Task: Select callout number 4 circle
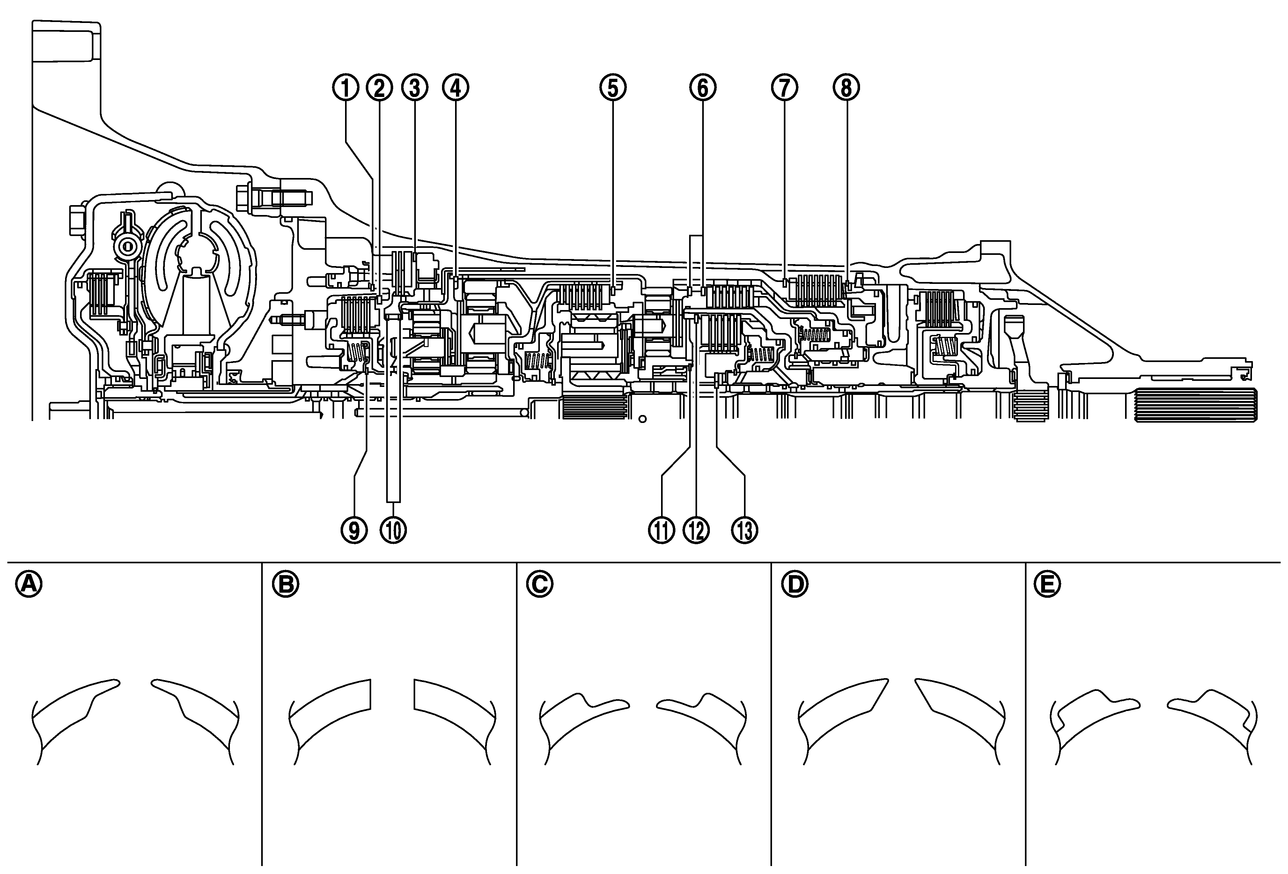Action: coord(455,88)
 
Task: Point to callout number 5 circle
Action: coord(612,88)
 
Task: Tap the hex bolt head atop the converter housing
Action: coord(244,195)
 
